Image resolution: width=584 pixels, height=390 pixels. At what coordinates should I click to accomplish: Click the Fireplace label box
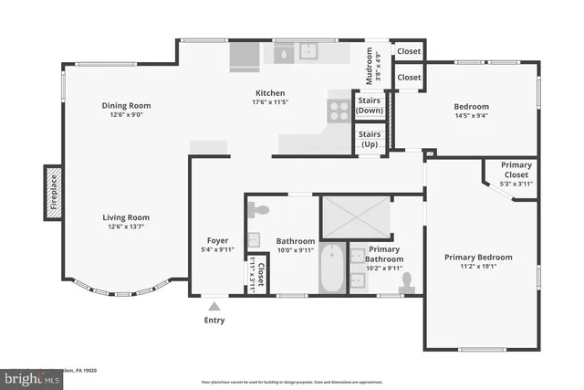(53, 194)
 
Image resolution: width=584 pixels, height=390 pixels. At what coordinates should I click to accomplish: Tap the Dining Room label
(126, 106)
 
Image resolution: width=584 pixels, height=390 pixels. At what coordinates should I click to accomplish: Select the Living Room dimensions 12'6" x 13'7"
(126, 227)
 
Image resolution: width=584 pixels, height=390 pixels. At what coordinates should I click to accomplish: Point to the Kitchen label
(270, 93)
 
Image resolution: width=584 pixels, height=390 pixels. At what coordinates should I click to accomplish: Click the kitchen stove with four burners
(339, 111)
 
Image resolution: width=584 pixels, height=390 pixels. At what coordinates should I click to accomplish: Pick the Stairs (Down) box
(370, 106)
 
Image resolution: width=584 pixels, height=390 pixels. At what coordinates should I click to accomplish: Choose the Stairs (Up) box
(370, 140)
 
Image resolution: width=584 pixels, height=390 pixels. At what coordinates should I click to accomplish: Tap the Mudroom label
(370, 65)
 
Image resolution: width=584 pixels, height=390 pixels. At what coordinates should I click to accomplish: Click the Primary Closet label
(516, 174)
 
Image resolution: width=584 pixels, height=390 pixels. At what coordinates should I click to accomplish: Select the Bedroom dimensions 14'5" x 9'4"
(472, 115)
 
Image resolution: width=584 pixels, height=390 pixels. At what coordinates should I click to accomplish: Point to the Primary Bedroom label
(478, 258)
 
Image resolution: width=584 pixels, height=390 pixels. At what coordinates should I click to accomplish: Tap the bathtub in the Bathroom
(331, 269)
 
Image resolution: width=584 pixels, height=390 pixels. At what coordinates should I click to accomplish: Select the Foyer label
(217, 241)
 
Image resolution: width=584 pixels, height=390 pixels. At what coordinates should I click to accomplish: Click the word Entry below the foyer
(214, 321)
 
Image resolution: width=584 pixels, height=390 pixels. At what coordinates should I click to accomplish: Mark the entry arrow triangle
(214, 307)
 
